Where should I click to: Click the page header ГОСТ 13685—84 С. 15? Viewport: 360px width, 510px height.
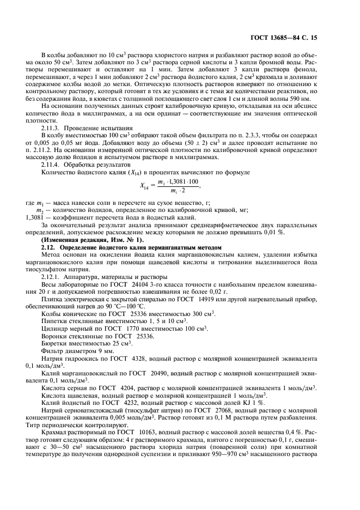[292, 39]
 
